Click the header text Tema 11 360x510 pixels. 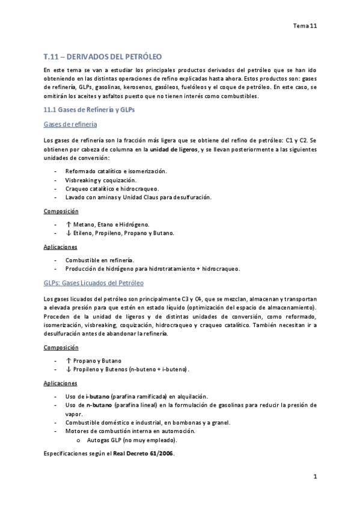click(x=304, y=26)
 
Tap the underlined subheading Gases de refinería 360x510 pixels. click(x=71, y=124)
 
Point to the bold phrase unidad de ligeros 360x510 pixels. click(x=173, y=149)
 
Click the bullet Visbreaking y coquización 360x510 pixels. click(x=100, y=180)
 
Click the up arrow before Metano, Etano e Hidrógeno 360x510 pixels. click(x=68, y=224)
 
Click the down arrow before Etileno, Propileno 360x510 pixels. click(x=68, y=233)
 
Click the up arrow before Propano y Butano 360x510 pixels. click(x=68, y=360)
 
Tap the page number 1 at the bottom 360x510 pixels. click(x=314, y=477)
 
